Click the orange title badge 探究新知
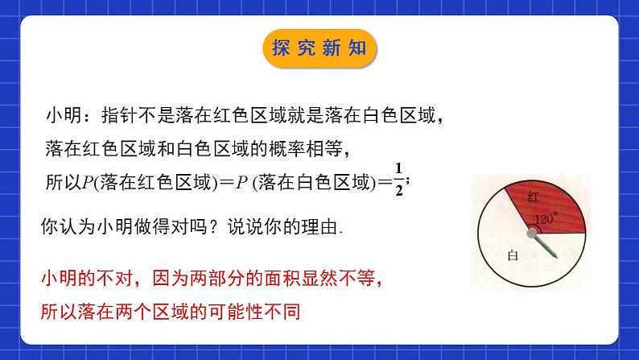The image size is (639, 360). coord(319,48)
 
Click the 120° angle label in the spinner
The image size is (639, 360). coord(546,218)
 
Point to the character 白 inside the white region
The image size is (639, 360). coord(513,256)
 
